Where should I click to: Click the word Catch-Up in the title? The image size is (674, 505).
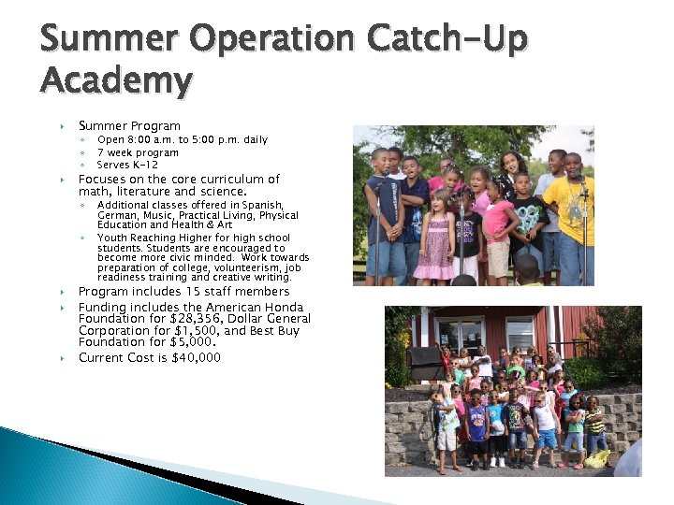(x=448, y=39)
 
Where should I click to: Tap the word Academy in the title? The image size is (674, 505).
(x=116, y=81)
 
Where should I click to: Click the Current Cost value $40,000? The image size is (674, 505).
(x=197, y=357)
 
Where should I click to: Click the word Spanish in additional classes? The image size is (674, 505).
(x=263, y=205)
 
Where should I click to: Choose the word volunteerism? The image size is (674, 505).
(x=228, y=267)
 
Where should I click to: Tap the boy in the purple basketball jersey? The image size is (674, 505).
(x=477, y=426)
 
